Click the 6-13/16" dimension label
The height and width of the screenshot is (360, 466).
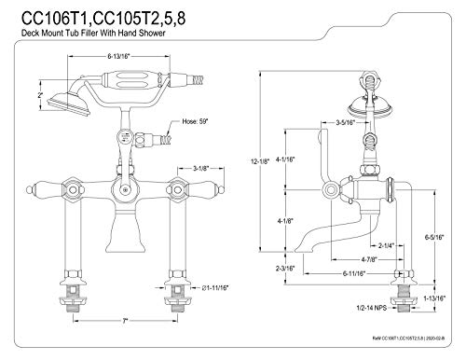(118, 56)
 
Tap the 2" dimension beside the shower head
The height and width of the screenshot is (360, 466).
(40, 95)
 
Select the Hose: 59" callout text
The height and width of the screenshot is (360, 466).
(195, 121)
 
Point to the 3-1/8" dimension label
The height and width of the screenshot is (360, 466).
(200, 168)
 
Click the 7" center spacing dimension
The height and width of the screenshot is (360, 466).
(125, 321)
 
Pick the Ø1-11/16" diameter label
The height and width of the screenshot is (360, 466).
(215, 288)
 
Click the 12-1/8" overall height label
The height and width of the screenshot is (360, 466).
(260, 161)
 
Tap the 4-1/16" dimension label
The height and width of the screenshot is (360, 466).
(285, 159)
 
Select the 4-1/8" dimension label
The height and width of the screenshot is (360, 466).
(285, 221)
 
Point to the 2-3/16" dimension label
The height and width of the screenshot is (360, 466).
(285, 269)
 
